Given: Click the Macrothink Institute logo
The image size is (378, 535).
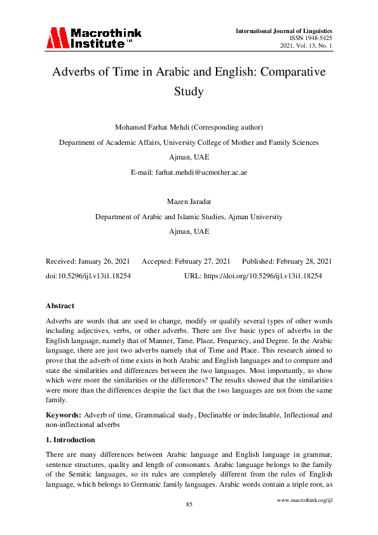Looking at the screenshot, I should coord(93,38).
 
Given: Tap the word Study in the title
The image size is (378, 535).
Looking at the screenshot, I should coord(189,91).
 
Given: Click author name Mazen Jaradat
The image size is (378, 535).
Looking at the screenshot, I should coord(189,202).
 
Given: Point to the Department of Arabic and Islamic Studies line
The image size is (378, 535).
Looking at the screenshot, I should coord(189,217).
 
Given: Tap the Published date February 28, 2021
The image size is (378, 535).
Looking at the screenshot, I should coord(299,262).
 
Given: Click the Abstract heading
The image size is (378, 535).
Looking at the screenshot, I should coord(60,306).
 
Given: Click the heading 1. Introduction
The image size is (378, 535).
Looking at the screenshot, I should coord(71,440).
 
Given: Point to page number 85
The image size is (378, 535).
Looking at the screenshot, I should coord(189,504).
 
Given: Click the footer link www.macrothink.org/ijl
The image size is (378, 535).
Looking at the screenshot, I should coord(305,500).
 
